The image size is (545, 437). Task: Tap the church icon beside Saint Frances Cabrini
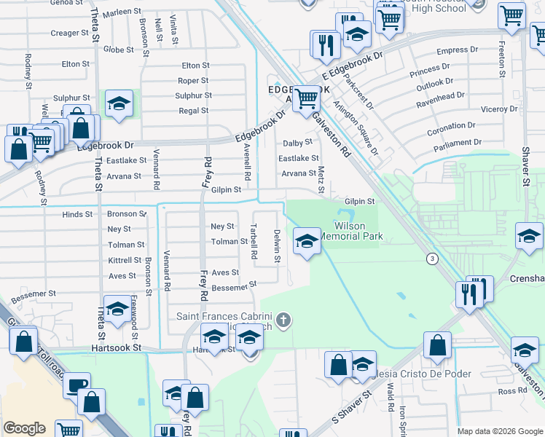(283, 319)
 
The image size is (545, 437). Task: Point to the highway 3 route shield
(432, 259)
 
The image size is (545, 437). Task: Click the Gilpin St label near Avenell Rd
(227, 189)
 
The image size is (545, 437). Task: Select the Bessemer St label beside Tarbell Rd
(234, 287)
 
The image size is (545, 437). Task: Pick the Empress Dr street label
(457, 51)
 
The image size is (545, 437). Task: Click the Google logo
(24, 428)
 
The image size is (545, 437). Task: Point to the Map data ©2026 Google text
(500, 431)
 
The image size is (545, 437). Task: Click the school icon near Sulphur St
(118, 103)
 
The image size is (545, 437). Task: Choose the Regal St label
(195, 111)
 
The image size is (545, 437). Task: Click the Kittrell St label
(125, 261)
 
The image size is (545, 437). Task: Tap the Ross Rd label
(514, 391)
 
